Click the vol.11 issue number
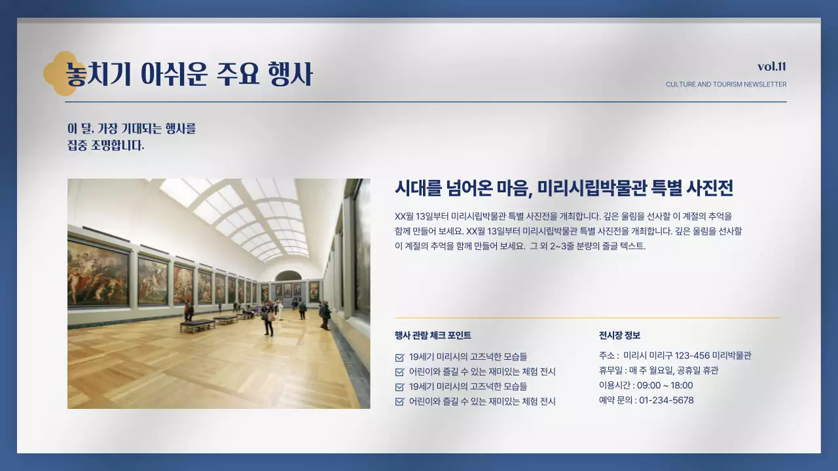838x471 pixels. pos(772,67)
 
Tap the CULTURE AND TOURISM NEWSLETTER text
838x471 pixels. pos(726,84)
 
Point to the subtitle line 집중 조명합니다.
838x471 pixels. pos(105,145)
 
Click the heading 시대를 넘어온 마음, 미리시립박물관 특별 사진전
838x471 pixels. pos(564,188)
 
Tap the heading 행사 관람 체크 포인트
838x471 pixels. pos(433,336)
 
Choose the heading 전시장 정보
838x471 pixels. pos(619,336)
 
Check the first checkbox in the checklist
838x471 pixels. pos(399,357)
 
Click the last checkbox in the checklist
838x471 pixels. pos(399,402)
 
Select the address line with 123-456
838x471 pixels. pos(675,356)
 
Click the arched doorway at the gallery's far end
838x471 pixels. pos(288,277)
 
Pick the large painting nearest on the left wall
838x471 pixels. pos(98,273)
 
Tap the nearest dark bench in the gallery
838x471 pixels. pos(197,324)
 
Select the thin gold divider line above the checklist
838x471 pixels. pos(587,318)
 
